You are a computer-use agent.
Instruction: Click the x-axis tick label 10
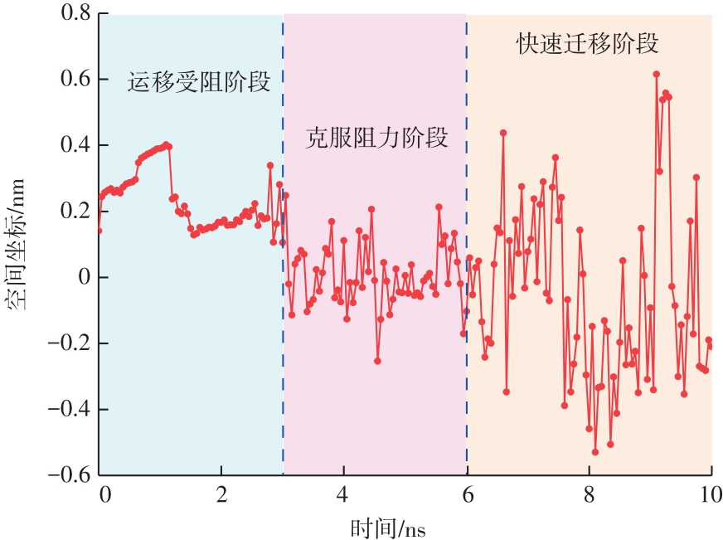(x=710, y=497)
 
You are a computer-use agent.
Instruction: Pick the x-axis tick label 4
(x=343, y=497)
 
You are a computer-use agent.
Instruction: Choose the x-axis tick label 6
(x=466, y=497)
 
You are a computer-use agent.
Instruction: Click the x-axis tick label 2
(x=221, y=497)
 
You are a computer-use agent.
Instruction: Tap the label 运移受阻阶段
(x=199, y=82)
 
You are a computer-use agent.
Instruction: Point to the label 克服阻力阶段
(x=377, y=138)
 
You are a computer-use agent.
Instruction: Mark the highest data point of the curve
(x=656, y=74)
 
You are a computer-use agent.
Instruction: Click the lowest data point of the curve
(x=594, y=452)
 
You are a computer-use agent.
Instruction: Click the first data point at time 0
(x=99, y=230)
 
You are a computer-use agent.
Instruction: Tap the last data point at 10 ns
(x=711, y=346)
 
